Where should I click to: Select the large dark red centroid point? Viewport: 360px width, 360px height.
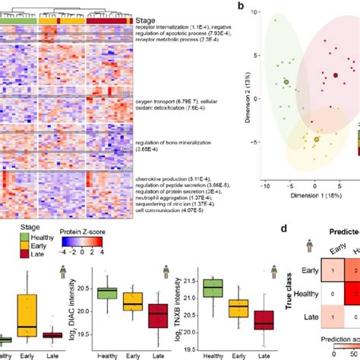pos(335,74)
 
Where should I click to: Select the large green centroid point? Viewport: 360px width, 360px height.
pos(286,82)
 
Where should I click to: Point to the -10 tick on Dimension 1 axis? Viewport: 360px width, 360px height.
pos(264,185)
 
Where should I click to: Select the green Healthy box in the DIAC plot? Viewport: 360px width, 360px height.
pos(107,293)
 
